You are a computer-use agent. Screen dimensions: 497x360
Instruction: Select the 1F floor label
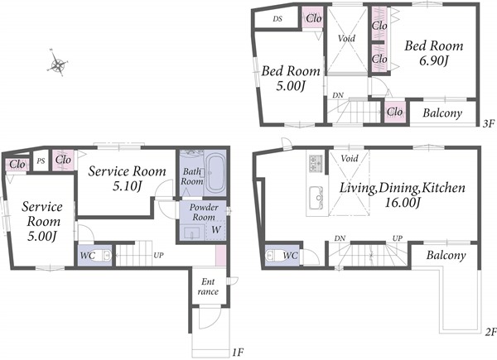tap(238, 353)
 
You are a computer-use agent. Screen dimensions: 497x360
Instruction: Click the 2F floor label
tap(490, 332)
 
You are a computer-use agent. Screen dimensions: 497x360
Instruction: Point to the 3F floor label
tap(489, 123)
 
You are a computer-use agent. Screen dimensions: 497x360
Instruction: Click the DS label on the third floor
tap(277, 19)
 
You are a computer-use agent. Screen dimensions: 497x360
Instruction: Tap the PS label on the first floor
tap(41, 161)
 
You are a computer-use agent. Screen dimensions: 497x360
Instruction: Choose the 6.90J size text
tap(433, 60)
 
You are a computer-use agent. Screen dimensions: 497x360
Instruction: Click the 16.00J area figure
tap(403, 202)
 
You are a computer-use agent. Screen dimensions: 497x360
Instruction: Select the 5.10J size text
tap(127, 186)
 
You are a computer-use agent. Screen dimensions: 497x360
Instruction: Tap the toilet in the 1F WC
tap(104, 255)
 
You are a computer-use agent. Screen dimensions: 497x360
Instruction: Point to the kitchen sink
tap(316, 198)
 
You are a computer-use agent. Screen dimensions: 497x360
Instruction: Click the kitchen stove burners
tap(316, 163)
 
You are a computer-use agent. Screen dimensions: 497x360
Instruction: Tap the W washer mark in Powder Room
tap(216, 229)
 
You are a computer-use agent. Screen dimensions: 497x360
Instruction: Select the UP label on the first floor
tap(158, 255)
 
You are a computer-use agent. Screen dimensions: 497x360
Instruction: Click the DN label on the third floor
tap(338, 95)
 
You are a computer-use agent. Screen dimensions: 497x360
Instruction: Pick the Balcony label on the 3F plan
tap(442, 113)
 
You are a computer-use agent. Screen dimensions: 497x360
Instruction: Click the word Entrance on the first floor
tap(208, 286)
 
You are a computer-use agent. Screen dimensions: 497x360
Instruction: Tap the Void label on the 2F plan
tap(350, 158)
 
